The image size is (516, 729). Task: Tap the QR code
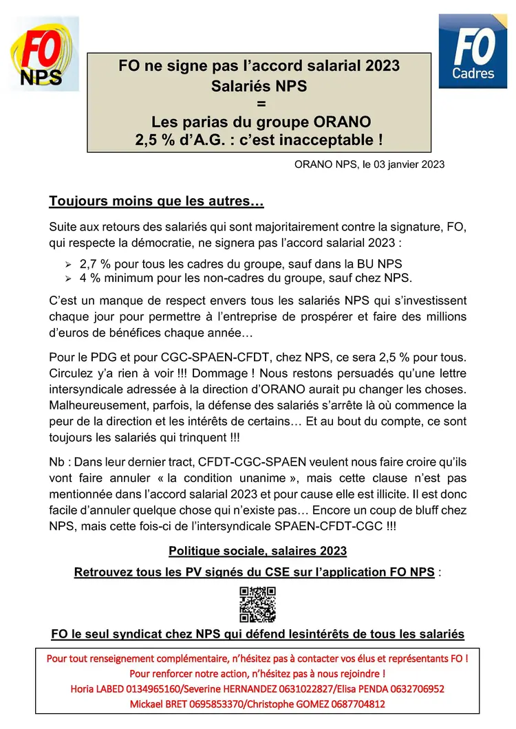(x=257, y=605)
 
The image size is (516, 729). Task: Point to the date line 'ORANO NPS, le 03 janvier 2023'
(x=369, y=164)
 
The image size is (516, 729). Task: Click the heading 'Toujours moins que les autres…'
(x=157, y=202)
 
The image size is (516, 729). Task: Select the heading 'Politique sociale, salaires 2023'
(x=257, y=551)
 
